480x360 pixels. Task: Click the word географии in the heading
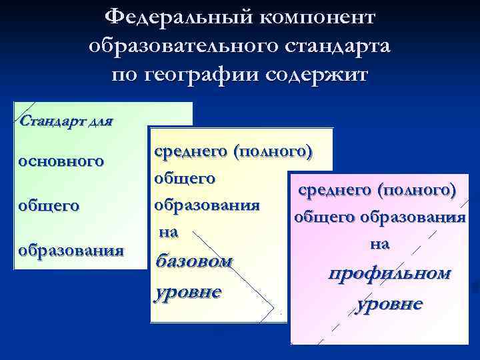coord(204,75)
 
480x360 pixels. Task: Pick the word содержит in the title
coord(317,75)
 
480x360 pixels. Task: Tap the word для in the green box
coord(99,121)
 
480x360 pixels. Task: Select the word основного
coord(61,161)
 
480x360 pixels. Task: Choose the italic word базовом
coord(193,260)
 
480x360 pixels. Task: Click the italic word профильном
coord(389,273)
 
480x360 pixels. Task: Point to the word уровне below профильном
coord(389,304)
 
